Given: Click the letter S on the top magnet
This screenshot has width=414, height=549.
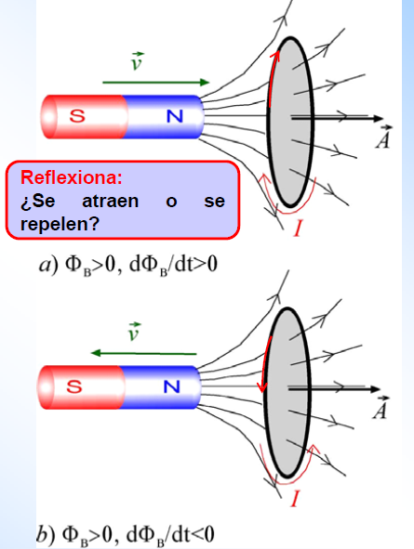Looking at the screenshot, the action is point(77,115).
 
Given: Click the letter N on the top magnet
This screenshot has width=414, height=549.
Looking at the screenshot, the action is point(175,116).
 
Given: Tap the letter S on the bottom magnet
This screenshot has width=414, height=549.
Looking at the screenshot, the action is point(74,386).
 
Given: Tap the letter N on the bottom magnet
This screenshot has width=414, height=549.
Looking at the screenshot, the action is point(172,386).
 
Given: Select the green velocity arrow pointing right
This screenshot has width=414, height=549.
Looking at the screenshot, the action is point(155,83).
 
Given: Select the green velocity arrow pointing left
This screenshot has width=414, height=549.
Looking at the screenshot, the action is point(143,353).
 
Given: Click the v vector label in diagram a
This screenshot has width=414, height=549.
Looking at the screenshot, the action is point(137,61).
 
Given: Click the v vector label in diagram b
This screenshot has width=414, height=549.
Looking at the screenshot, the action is point(134,332).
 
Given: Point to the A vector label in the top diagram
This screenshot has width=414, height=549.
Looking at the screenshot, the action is point(383,137).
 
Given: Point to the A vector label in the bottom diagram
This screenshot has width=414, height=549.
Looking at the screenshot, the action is point(381,408).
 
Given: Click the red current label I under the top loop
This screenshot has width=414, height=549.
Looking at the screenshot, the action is point(298,228).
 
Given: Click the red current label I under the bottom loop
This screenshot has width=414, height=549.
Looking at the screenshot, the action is point(295,498).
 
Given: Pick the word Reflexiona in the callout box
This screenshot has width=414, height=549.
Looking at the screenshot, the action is point(72,177).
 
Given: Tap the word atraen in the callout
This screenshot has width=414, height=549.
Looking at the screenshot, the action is point(111,201).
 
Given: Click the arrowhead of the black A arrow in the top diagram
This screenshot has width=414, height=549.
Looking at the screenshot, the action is point(378,118).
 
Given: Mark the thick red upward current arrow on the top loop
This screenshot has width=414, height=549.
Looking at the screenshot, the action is point(274,78).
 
